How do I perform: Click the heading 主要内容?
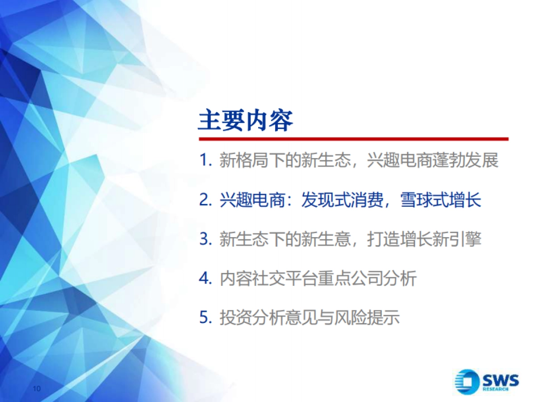[245, 121]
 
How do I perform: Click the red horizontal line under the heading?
[353, 139]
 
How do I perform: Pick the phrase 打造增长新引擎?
[424, 239]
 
